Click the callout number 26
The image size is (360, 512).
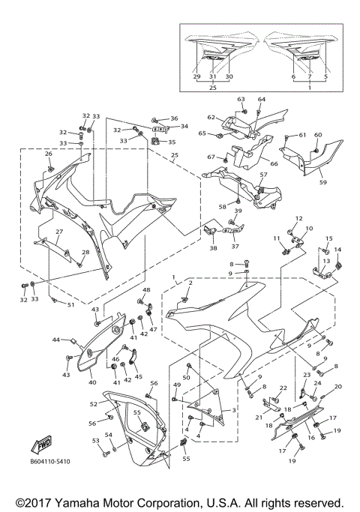[49, 154]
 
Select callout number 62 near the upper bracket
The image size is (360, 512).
[211, 118]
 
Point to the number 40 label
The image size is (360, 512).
[92, 382]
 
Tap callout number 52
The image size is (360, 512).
[94, 403]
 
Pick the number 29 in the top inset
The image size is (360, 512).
[197, 76]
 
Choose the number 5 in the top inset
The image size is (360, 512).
[326, 76]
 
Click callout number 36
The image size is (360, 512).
[174, 118]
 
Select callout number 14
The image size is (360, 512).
[337, 250]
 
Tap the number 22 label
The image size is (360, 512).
[283, 388]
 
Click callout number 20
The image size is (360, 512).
[337, 387]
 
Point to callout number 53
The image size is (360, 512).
[95, 441]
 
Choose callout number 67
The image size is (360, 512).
[211, 157]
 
